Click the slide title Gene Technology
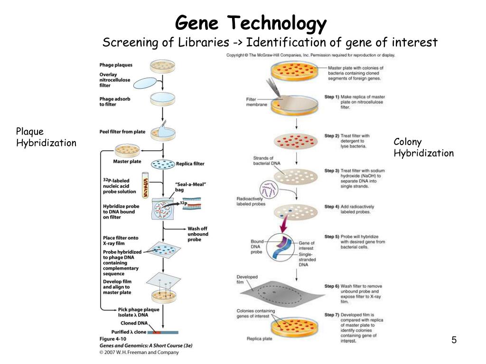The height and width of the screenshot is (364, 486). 251,22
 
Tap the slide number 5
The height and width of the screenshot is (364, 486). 454,340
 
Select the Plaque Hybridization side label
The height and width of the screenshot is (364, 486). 46,137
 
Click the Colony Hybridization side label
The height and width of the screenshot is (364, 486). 423,147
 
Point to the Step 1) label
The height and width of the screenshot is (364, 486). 332,97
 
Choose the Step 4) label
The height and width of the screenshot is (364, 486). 332,207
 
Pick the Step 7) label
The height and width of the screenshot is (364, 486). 332,314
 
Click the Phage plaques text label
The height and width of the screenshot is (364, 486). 116,65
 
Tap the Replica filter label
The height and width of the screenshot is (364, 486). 190,164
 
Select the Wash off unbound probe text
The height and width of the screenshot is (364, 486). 197,234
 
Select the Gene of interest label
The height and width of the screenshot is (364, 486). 306,246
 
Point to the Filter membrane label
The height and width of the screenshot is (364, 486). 256,102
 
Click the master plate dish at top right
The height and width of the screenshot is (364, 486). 297,71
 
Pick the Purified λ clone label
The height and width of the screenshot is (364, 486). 129,332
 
